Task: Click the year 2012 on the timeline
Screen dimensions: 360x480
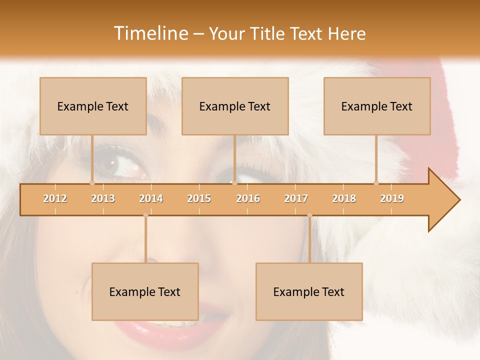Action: pyautogui.click(x=55, y=198)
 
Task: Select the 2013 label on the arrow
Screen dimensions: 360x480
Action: pyautogui.click(x=103, y=198)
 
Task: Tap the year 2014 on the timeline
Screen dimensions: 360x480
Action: pyautogui.click(x=151, y=198)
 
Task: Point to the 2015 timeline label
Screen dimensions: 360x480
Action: pyautogui.click(x=199, y=198)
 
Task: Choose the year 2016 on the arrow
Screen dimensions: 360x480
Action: pyautogui.click(x=248, y=198)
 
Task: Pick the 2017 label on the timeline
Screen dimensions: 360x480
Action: pyautogui.click(x=296, y=198)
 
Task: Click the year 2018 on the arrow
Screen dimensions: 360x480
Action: pyautogui.click(x=344, y=198)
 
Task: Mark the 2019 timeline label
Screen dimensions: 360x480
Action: pyautogui.click(x=392, y=198)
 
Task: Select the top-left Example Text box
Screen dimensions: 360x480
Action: pyautogui.click(x=93, y=106)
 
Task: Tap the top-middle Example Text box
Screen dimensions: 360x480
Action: pyautogui.click(x=235, y=106)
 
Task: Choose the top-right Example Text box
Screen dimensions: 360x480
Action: pyautogui.click(x=377, y=106)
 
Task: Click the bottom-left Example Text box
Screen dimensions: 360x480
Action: pyautogui.click(x=145, y=291)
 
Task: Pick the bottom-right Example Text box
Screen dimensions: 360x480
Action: pyautogui.click(x=309, y=291)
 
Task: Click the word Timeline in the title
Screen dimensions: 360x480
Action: pyautogui.click(x=150, y=33)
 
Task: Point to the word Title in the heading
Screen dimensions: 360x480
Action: pyautogui.click(x=269, y=33)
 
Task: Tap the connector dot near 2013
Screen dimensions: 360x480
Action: pyautogui.click(x=92, y=183)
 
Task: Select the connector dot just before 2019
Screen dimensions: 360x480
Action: pyautogui.click(x=376, y=183)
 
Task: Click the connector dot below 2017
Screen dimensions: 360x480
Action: pyautogui.click(x=309, y=215)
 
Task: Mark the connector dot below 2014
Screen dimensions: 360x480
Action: pyautogui.click(x=145, y=215)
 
